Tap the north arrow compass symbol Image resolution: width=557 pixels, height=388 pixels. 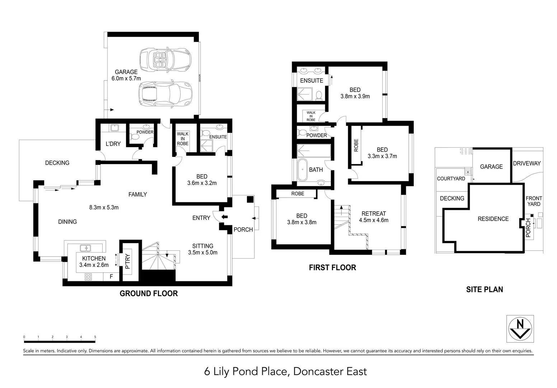pos(520,329)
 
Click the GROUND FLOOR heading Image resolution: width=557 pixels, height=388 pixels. pos(149,294)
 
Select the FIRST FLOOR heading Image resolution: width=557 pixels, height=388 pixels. pos(332,267)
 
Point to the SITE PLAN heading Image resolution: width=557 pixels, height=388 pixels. pos(484,289)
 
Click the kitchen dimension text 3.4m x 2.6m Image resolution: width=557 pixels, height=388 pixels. pos(94,265)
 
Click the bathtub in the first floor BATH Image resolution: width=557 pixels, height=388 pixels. pos(303,169)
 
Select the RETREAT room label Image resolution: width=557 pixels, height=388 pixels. pos(374,213)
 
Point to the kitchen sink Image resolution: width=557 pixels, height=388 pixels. pos(85,248)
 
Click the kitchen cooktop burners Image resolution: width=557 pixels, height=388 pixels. pos(88,277)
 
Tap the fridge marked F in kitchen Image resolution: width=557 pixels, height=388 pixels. pos(111,277)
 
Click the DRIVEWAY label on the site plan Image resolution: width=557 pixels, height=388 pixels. pos(526,163)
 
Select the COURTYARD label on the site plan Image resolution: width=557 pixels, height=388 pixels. pos(451,179)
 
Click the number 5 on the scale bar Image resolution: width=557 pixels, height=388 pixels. pos(95,337)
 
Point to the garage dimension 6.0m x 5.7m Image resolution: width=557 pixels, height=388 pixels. pos(126,78)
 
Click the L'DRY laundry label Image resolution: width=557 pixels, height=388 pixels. pos(113,144)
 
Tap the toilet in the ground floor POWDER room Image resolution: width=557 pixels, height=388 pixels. pos(135,137)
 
